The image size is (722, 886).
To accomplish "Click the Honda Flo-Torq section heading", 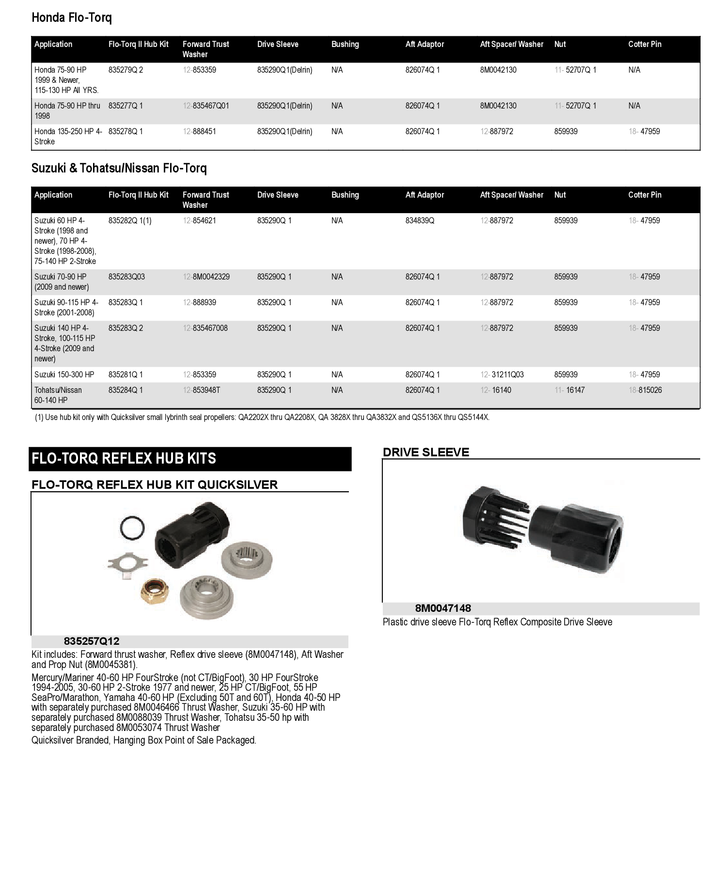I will click(x=71, y=18).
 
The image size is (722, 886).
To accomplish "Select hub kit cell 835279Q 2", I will click(x=126, y=70).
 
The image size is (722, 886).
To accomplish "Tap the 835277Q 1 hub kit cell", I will click(x=126, y=106).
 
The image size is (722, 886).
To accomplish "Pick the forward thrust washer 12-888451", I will click(x=200, y=131).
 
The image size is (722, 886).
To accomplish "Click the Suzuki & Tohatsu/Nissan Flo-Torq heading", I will click(x=119, y=168).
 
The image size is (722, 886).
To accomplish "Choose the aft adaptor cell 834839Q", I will click(x=420, y=220).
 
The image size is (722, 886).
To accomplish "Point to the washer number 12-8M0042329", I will click(x=206, y=277).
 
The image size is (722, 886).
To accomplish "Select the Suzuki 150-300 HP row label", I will click(x=64, y=374).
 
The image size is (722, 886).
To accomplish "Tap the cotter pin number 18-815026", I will click(x=645, y=390).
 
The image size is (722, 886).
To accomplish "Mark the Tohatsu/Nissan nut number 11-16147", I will click(x=569, y=390).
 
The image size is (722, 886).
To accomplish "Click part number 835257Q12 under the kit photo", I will click(x=91, y=641).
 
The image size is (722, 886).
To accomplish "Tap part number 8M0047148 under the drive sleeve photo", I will click(x=443, y=608).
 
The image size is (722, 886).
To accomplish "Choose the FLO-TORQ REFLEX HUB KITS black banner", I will click(x=190, y=458).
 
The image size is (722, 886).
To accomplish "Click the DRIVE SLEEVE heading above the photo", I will click(x=426, y=452).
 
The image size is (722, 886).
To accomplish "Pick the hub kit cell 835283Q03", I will click(x=126, y=277).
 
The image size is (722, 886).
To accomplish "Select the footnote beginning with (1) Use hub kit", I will click(x=262, y=417).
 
